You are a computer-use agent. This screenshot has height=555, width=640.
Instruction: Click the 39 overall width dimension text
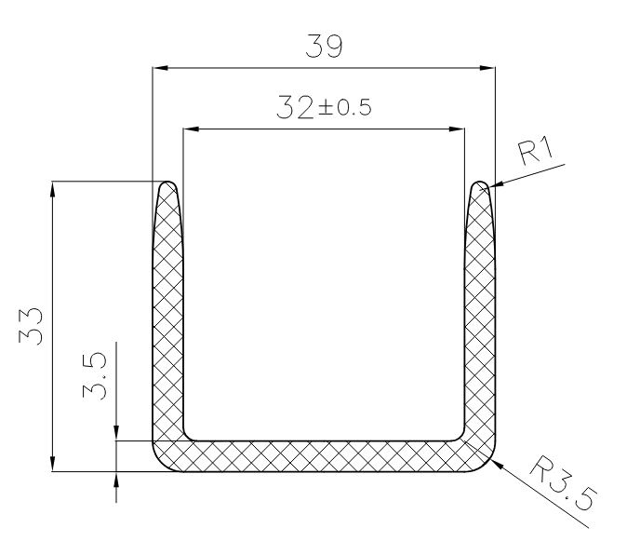pyautogui.click(x=323, y=47)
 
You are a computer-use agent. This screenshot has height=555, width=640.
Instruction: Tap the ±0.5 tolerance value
pyautogui.click(x=345, y=110)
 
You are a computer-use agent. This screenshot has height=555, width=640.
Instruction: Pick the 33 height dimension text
pyautogui.click(x=33, y=327)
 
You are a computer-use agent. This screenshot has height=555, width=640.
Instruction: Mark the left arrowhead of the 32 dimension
pyautogui.click(x=190, y=129)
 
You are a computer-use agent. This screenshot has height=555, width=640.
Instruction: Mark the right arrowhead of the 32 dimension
pyautogui.click(x=457, y=129)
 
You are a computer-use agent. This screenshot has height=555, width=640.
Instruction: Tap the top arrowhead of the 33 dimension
pyautogui.click(x=53, y=187)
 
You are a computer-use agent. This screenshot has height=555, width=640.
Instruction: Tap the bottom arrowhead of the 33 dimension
pyautogui.click(x=53, y=465)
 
